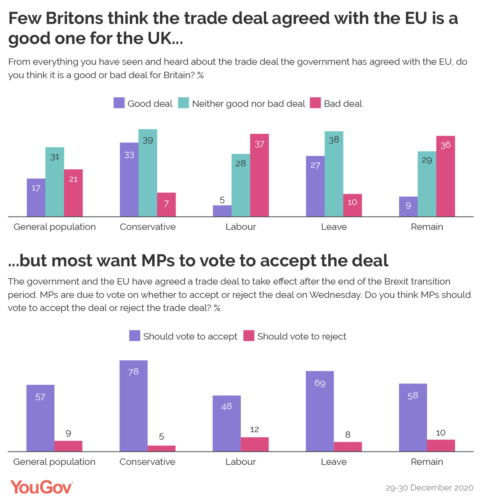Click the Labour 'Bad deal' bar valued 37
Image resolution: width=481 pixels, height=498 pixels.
tap(259, 175)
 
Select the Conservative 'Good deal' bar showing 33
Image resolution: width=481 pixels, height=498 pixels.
tap(129, 179)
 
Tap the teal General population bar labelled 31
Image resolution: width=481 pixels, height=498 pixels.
tap(55, 181)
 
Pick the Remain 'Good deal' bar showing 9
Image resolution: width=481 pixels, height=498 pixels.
tap(408, 206)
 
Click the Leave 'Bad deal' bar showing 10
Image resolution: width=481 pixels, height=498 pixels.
tap(352, 205)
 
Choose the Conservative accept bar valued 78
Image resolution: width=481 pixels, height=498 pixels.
tap(133, 406)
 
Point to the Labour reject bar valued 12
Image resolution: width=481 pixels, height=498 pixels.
tap(255, 444)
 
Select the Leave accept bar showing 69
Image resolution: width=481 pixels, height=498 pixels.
tap(319, 411)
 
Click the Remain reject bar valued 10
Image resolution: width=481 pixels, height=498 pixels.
tap(441, 445)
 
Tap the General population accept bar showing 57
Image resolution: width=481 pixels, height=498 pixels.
tap(40, 418)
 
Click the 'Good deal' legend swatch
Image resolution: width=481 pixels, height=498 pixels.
tap(119, 102)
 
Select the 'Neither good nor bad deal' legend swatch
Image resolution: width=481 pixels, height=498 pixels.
tap(183, 102)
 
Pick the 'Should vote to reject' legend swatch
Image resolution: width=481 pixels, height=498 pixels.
tap(249, 335)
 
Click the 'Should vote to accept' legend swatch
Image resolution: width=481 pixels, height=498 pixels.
tap(135, 335)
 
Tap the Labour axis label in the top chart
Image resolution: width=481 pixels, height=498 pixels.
tap(240, 227)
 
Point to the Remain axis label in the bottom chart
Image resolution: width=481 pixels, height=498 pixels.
tap(426, 462)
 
